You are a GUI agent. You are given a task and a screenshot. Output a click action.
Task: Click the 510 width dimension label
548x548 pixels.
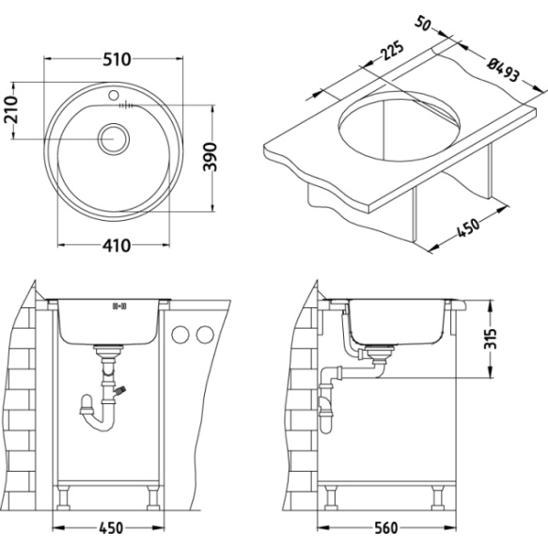click(116, 59)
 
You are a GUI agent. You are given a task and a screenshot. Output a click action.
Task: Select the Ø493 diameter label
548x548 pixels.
click(507, 69)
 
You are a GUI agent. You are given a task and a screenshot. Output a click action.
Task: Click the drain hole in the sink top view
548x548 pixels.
click(116, 136)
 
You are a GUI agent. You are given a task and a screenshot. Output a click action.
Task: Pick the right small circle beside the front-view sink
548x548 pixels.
click(201, 335)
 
